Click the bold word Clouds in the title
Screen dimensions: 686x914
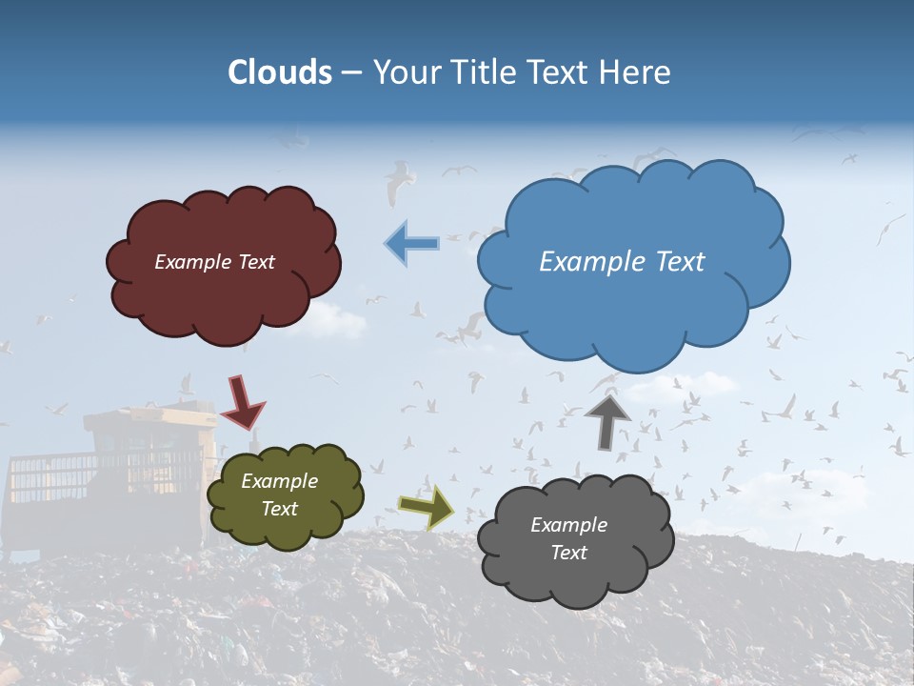coord(280,72)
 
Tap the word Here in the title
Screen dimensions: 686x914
coord(637,72)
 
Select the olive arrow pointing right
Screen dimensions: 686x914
coord(426,506)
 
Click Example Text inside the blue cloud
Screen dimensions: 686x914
coord(622,261)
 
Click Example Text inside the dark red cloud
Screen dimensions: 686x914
coord(214,262)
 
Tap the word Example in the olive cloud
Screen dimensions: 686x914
coord(279,481)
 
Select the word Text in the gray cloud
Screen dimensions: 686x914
coord(568,553)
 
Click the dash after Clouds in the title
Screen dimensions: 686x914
coord(351,72)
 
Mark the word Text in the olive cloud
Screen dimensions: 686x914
coord(279,509)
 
